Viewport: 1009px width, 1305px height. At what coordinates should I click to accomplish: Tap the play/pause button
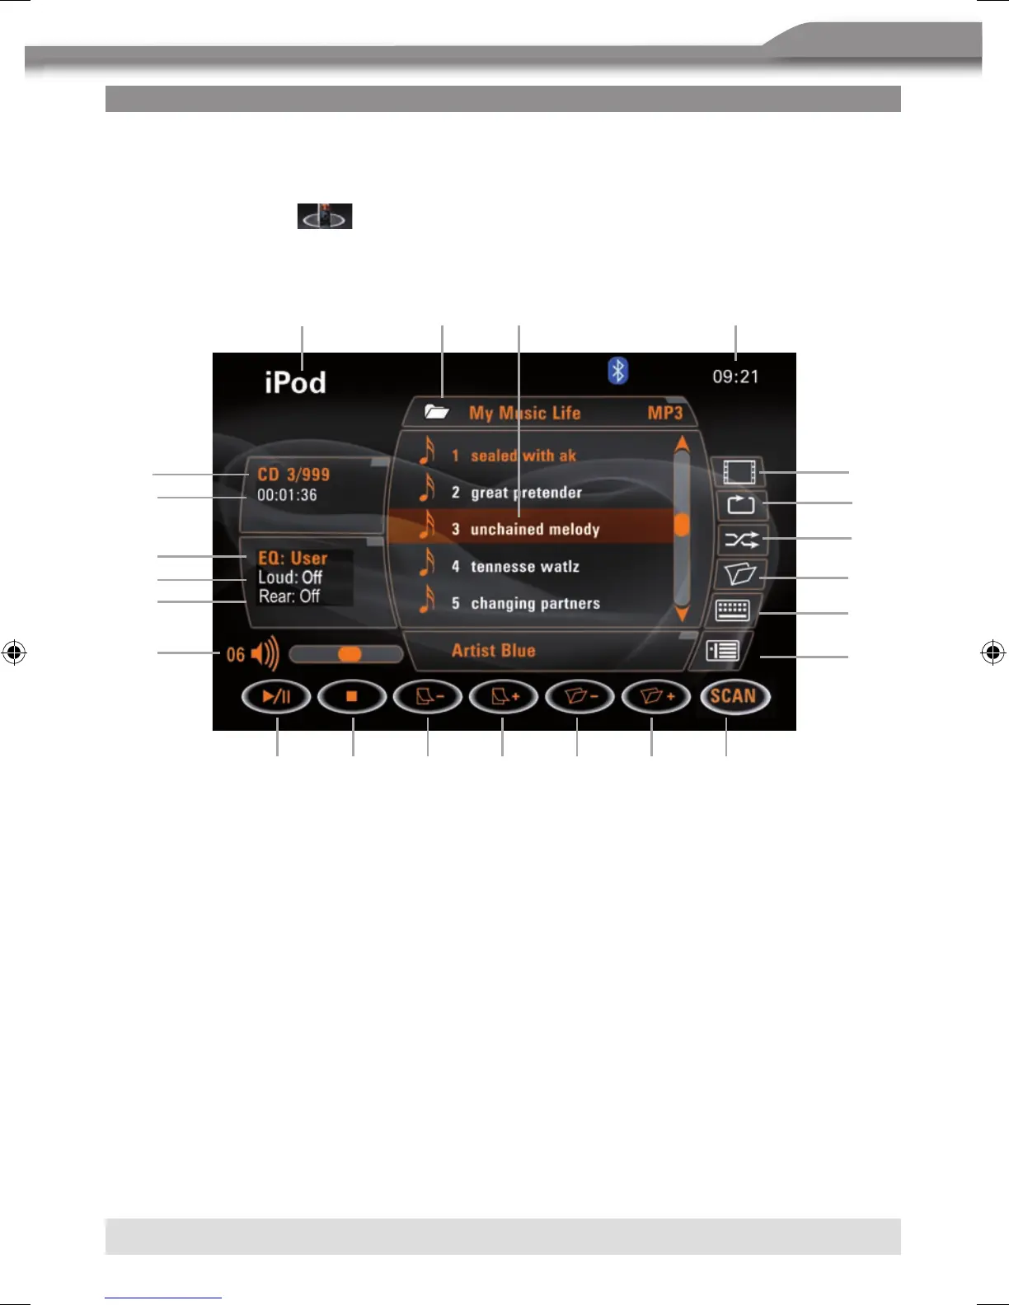point(276,697)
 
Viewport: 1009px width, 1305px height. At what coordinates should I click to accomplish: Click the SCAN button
point(734,697)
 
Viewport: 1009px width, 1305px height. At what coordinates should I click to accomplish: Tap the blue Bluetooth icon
point(617,371)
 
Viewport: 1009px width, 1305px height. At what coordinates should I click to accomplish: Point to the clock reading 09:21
point(735,377)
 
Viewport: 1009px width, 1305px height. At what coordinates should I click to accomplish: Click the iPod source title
point(295,382)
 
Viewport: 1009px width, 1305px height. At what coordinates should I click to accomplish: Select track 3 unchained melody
point(534,529)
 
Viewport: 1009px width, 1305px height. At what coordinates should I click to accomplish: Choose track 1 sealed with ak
point(523,456)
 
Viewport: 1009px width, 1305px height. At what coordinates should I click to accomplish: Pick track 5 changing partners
point(534,603)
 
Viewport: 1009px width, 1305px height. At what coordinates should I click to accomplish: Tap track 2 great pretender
point(526,493)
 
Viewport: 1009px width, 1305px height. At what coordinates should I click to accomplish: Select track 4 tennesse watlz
point(524,566)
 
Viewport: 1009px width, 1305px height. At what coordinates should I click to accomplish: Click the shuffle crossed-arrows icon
point(740,540)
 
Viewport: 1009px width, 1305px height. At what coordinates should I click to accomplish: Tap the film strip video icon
point(739,472)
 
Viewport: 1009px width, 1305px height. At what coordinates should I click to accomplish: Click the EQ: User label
point(293,558)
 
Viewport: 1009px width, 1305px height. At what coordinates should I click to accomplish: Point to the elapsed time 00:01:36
point(287,495)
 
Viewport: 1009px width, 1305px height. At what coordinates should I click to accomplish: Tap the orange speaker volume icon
point(265,654)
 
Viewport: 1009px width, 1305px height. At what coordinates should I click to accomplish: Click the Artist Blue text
point(493,650)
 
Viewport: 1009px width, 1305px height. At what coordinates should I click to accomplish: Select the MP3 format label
point(664,413)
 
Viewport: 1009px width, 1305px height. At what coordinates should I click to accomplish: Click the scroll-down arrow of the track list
point(682,615)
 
